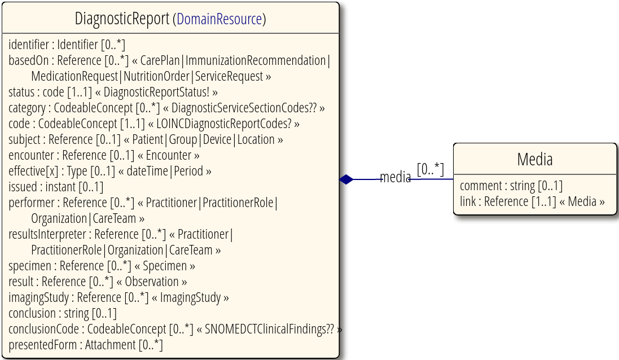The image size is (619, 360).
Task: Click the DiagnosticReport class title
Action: tap(122, 19)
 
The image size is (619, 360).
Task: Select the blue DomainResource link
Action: tap(219, 19)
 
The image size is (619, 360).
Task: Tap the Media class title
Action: tap(534, 160)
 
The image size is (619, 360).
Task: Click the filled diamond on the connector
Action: tap(346, 179)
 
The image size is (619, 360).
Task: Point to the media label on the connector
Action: tap(395, 177)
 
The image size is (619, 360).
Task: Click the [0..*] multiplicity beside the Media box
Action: tap(431, 169)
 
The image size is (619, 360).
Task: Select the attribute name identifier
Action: tap(29, 45)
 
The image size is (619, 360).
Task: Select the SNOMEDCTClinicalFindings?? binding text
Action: tap(269, 329)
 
